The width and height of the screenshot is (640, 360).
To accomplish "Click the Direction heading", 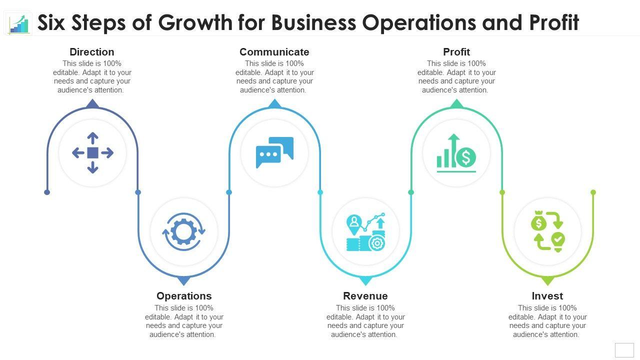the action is click(92, 52).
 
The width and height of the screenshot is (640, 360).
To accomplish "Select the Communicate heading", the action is click(274, 52).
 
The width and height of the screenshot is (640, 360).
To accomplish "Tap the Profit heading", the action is click(456, 52).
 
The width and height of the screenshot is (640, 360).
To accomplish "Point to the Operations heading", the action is click(184, 296).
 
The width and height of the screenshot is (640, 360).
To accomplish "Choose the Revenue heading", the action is click(365, 296).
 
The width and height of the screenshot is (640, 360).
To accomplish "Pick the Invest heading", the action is click(547, 296).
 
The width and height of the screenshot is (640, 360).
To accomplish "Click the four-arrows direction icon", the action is click(92, 153).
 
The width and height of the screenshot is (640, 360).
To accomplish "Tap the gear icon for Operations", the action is click(183, 231).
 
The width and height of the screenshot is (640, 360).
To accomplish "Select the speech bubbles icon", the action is click(274, 152).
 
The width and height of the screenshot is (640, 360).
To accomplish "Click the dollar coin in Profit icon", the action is click(466, 157).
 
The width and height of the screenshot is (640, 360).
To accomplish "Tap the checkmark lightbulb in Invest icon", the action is click(557, 240).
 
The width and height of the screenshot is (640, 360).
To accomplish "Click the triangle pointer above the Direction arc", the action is click(92, 104).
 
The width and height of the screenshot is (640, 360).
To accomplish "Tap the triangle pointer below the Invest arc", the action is click(548, 280).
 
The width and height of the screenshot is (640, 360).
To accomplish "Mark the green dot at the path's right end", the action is click(593, 192).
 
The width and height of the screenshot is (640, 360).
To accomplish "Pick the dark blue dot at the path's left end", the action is click(47, 192).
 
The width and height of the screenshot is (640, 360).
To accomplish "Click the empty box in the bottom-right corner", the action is click(624, 350).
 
